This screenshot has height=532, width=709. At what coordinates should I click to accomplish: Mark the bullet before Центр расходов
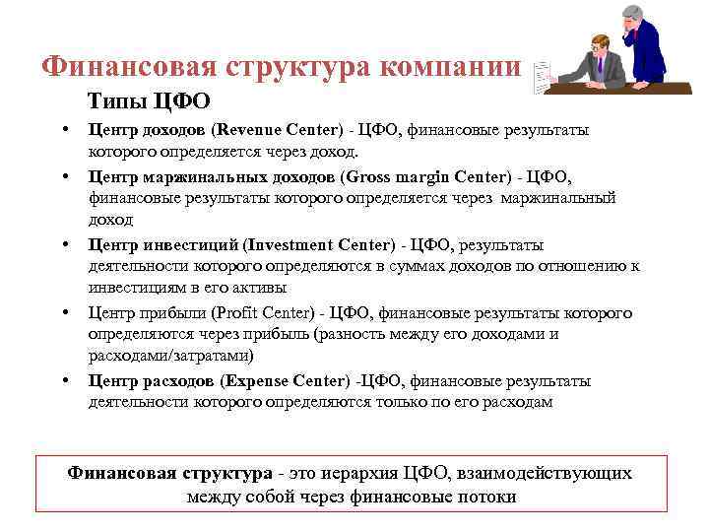[x=64, y=380]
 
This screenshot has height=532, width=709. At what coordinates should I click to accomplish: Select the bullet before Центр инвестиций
[x=64, y=244]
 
